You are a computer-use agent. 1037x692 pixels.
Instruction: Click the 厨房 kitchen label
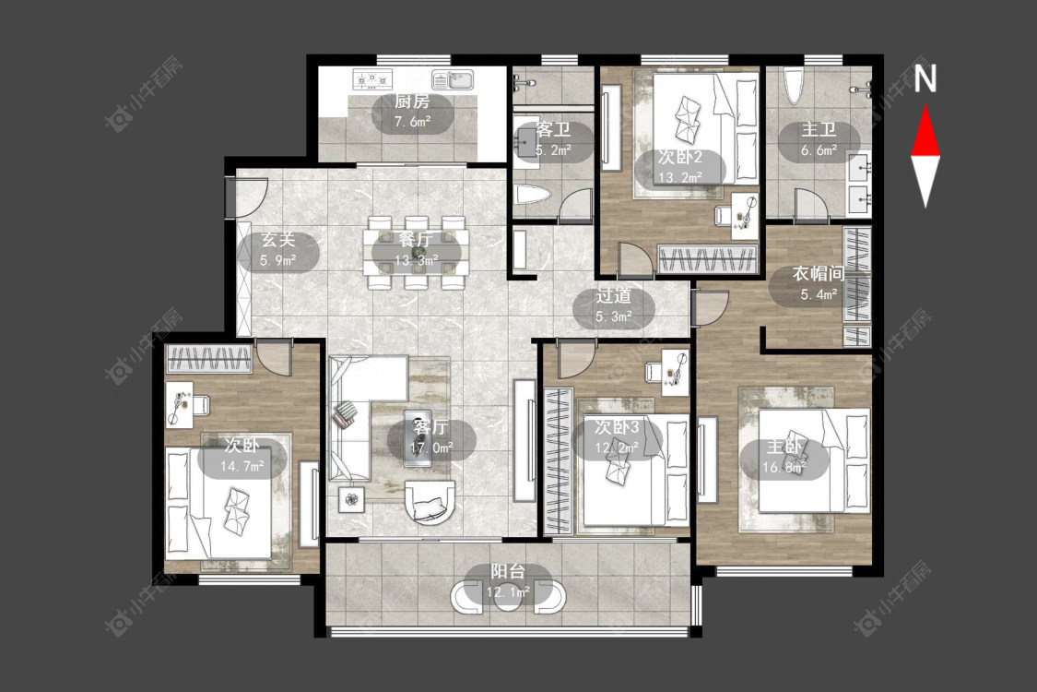412,101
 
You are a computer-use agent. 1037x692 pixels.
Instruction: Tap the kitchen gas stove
372,79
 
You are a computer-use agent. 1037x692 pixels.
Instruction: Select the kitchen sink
453,80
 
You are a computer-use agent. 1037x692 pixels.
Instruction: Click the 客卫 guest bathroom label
553,130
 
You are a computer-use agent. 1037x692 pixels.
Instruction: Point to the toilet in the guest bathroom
533,195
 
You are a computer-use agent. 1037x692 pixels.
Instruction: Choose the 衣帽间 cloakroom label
819,273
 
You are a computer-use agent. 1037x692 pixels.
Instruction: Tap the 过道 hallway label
613,296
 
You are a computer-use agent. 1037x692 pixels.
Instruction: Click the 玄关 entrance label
277,240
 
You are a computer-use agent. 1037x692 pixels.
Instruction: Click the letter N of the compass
925,78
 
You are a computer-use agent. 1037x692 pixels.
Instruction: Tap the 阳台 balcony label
508,571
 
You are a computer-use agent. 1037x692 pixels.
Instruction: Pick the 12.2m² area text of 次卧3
617,448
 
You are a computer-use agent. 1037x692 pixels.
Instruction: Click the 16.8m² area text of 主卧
784,468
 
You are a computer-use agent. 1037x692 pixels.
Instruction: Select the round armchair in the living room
430,503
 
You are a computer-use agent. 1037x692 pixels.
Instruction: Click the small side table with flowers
352,499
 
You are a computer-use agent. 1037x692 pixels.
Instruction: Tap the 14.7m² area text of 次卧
242,466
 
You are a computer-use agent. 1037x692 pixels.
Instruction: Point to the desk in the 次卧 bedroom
179,403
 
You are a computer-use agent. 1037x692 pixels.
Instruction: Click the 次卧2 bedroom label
680,158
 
